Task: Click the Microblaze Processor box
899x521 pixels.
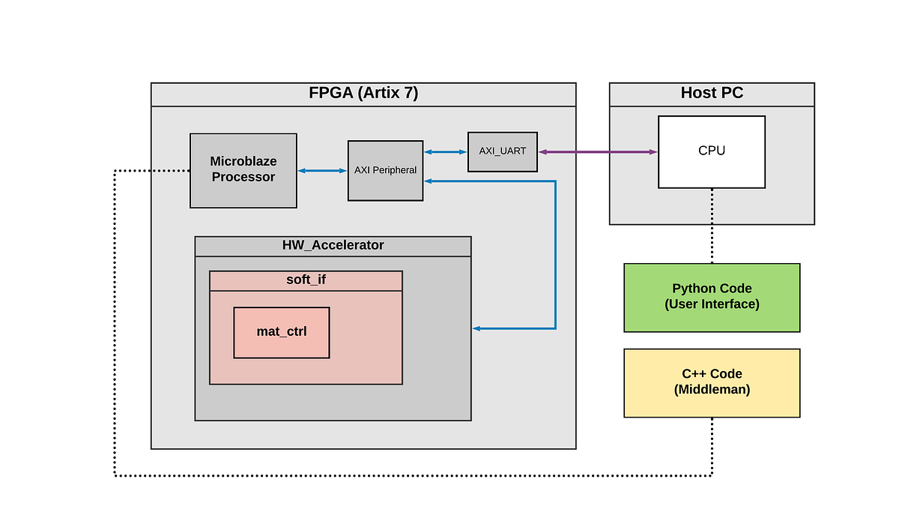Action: point(243,170)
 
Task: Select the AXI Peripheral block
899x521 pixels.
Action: point(385,170)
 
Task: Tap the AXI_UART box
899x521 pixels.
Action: point(503,151)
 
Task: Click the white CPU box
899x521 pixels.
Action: point(711,151)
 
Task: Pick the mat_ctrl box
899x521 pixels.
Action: point(281,332)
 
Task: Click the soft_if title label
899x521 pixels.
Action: point(306,280)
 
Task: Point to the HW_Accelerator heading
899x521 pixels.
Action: point(333,245)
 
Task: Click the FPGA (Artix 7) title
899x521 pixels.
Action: point(363,94)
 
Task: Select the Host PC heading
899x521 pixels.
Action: point(711,94)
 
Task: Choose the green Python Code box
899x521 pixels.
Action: point(711,297)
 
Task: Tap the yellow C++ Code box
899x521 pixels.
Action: point(711,382)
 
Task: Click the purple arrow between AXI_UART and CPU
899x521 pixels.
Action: point(597,152)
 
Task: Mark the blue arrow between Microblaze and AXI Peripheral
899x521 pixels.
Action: point(322,171)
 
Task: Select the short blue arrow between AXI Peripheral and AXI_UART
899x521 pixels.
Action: point(445,152)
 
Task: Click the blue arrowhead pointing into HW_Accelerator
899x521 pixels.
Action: point(476,328)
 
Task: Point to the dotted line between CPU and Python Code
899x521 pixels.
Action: point(712,225)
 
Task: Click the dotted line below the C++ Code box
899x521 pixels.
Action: point(712,446)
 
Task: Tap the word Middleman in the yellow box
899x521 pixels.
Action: point(712,390)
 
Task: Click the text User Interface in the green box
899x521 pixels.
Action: point(712,304)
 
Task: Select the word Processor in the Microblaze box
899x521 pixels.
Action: point(243,178)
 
